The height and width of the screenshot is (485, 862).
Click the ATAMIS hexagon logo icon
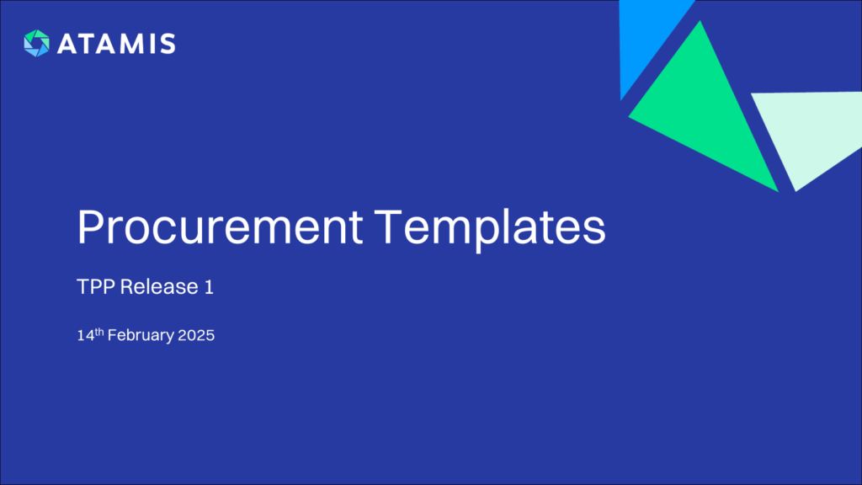(37, 43)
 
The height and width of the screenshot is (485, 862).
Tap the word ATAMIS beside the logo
(116, 44)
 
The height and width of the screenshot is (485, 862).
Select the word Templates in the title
(490, 227)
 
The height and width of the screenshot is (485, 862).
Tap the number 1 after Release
(208, 286)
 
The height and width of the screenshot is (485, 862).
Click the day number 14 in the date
(84, 335)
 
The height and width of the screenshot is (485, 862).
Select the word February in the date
(138, 335)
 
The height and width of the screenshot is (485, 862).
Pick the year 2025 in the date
(196, 335)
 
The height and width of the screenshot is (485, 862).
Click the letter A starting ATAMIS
(67, 44)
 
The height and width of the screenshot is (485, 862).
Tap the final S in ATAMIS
(168, 44)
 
